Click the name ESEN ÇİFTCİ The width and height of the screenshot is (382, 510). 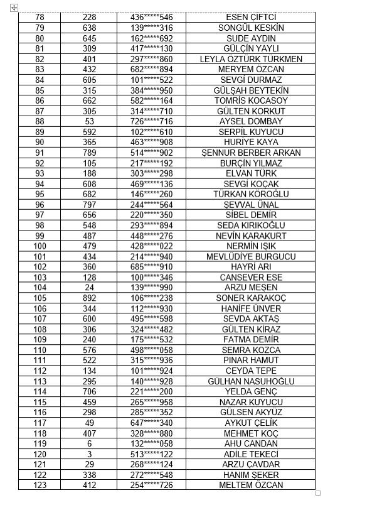(x=250, y=18)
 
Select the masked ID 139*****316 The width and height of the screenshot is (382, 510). (x=151, y=28)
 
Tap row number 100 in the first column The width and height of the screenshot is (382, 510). (x=40, y=246)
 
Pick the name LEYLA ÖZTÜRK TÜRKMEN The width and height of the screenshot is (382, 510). (x=250, y=59)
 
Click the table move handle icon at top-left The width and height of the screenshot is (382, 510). (x=14, y=8)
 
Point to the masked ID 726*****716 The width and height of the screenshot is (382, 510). (x=151, y=121)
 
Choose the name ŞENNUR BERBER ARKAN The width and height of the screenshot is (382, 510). (x=250, y=153)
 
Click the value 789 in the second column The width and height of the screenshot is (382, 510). (x=89, y=153)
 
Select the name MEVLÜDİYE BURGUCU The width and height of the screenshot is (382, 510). (x=250, y=257)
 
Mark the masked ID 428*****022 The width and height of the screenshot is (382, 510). (x=151, y=246)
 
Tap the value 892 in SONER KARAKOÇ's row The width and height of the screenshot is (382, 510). (x=89, y=298)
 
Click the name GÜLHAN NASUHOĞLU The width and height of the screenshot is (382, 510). (x=250, y=381)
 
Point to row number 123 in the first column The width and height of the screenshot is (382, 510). (x=40, y=485)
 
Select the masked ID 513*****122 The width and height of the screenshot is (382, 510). (x=151, y=454)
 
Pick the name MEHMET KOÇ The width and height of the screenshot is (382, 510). (x=250, y=433)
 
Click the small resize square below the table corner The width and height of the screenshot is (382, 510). (x=318, y=493)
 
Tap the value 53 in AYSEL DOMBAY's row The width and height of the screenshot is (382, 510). (x=89, y=121)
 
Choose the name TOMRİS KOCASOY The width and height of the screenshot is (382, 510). (x=250, y=100)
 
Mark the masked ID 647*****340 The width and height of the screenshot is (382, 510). (x=151, y=423)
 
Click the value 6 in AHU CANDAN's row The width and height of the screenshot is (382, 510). (x=89, y=443)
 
